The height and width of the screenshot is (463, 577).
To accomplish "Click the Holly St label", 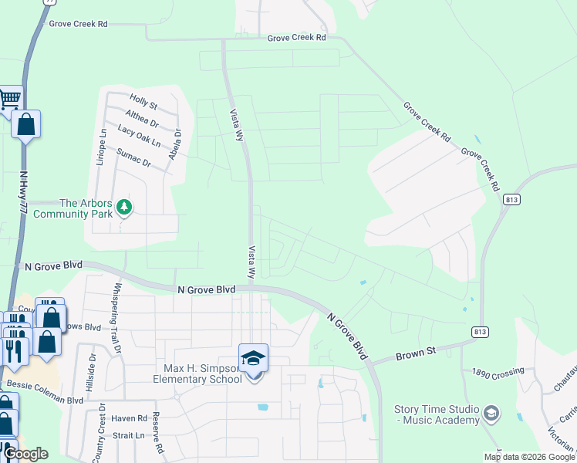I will click(x=143, y=103).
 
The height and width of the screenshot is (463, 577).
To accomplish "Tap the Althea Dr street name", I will click(x=141, y=117).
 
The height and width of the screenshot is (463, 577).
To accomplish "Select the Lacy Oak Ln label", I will click(x=140, y=137).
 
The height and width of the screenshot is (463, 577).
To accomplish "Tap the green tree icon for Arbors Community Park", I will click(x=125, y=206).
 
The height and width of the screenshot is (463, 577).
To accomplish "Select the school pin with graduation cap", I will click(x=253, y=359).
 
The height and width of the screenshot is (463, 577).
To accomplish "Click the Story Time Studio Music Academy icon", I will click(x=491, y=414).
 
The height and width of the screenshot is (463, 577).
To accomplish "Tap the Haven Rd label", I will click(x=129, y=419).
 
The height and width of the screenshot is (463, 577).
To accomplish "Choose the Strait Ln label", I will click(x=127, y=436).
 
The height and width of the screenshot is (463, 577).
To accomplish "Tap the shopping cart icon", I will click(x=9, y=97).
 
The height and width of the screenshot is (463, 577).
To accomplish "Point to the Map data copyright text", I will click(x=529, y=458).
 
